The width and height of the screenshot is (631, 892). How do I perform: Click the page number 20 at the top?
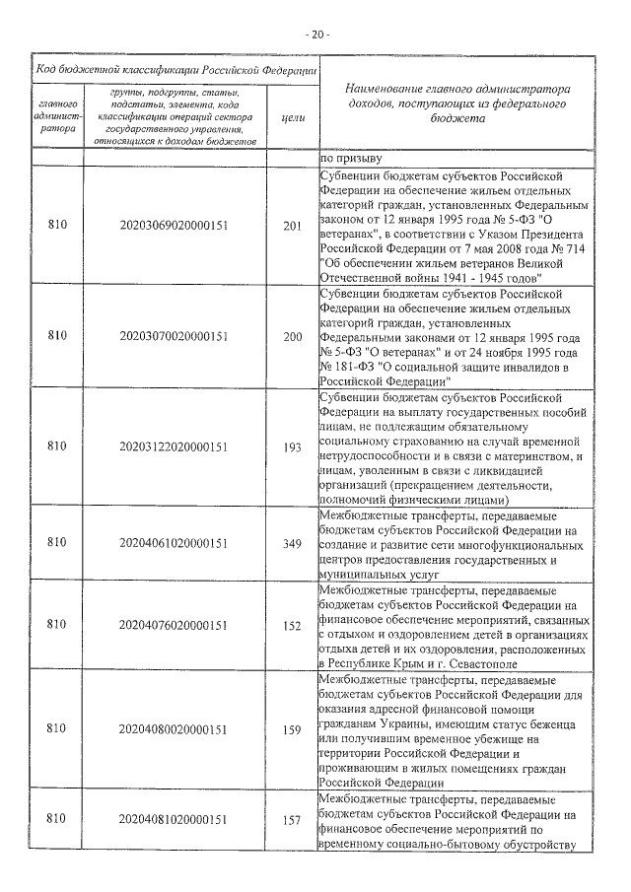tap(315, 34)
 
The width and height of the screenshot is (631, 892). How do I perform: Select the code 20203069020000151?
tap(173, 226)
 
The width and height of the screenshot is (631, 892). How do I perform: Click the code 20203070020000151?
tap(173, 337)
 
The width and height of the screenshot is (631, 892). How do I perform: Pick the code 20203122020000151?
tap(173, 446)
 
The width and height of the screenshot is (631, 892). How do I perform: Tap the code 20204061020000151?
tap(173, 542)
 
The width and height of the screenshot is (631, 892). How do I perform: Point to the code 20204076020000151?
tap(173, 624)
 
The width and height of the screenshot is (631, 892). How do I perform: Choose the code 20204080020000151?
tap(173, 729)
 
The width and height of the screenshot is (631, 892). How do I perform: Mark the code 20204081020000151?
tap(173, 819)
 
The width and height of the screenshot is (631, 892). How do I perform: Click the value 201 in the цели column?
tap(292, 226)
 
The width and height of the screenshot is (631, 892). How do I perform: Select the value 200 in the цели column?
tap(292, 337)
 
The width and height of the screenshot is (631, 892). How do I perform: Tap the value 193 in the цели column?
tap(292, 446)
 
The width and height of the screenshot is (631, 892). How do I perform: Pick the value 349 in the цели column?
tap(292, 542)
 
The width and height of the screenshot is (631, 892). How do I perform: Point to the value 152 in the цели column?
tap(292, 624)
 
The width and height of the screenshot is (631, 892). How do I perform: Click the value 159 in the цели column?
tap(292, 729)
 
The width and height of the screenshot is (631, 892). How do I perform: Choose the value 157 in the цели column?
tap(292, 819)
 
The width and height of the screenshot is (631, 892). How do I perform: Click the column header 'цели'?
tap(292, 117)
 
